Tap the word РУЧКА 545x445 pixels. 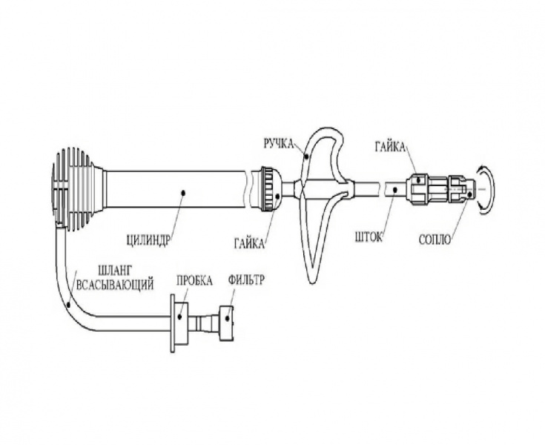click(279, 143)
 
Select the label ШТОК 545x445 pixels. click(369, 237)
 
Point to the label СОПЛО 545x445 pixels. click(435, 240)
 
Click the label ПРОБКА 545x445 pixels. click(194, 280)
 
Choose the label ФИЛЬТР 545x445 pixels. click(246, 280)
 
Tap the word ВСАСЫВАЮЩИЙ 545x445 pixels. click(115, 284)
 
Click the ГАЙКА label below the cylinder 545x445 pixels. click(249, 243)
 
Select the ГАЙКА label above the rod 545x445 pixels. click(390, 147)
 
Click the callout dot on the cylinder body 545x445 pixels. click(184, 192)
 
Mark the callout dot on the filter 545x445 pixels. click(228, 317)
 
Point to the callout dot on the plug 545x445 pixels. click(179, 317)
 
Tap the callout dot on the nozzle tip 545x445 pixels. click(469, 195)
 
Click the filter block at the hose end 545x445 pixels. click(226, 323)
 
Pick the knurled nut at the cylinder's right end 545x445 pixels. click(270, 189)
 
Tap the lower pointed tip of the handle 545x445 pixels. click(312, 280)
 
